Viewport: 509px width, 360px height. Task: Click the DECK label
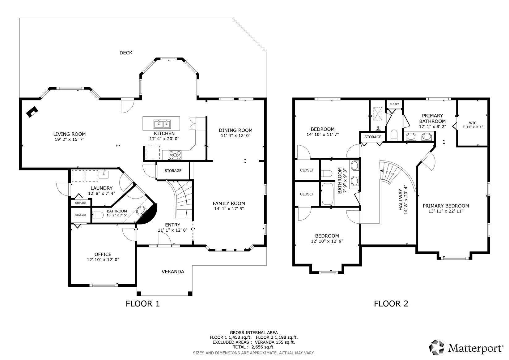pyautogui.click(x=126, y=53)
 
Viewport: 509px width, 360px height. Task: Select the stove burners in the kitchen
pyautogui.click(x=175, y=155)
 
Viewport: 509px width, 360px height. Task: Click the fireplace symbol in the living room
pyautogui.click(x=32, y=112)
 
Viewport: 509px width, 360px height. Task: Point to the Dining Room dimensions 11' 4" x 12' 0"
pyautogui.click(x=235, y=135)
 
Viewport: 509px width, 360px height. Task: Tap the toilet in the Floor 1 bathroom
pyautogui.click(x=98, y=215)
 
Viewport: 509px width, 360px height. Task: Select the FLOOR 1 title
pyautogui.click(x=142, y=303)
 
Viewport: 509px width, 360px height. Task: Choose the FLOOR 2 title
pyautogui.click(x=391, y=303)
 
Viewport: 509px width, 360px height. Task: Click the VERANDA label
pyautogui.click(x=173, y=272)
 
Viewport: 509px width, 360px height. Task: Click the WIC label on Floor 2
pyautogui.click(x=473, y=123)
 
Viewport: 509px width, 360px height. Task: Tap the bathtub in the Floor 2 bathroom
pyautogui.click(x=328, y=194)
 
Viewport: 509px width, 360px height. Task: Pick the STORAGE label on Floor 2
pyautogui.click(x=373, y=137)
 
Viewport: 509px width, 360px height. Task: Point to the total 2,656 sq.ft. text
pyautogui.click(x=253, y=347)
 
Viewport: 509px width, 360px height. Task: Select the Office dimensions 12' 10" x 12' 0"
pyautogui.click(x=103, y=260)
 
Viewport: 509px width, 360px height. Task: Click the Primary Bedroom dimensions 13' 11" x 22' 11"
pyautogui.click(x=446, y=211)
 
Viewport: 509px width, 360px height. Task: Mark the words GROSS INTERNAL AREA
pyautogui.click(x=253, y=332)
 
